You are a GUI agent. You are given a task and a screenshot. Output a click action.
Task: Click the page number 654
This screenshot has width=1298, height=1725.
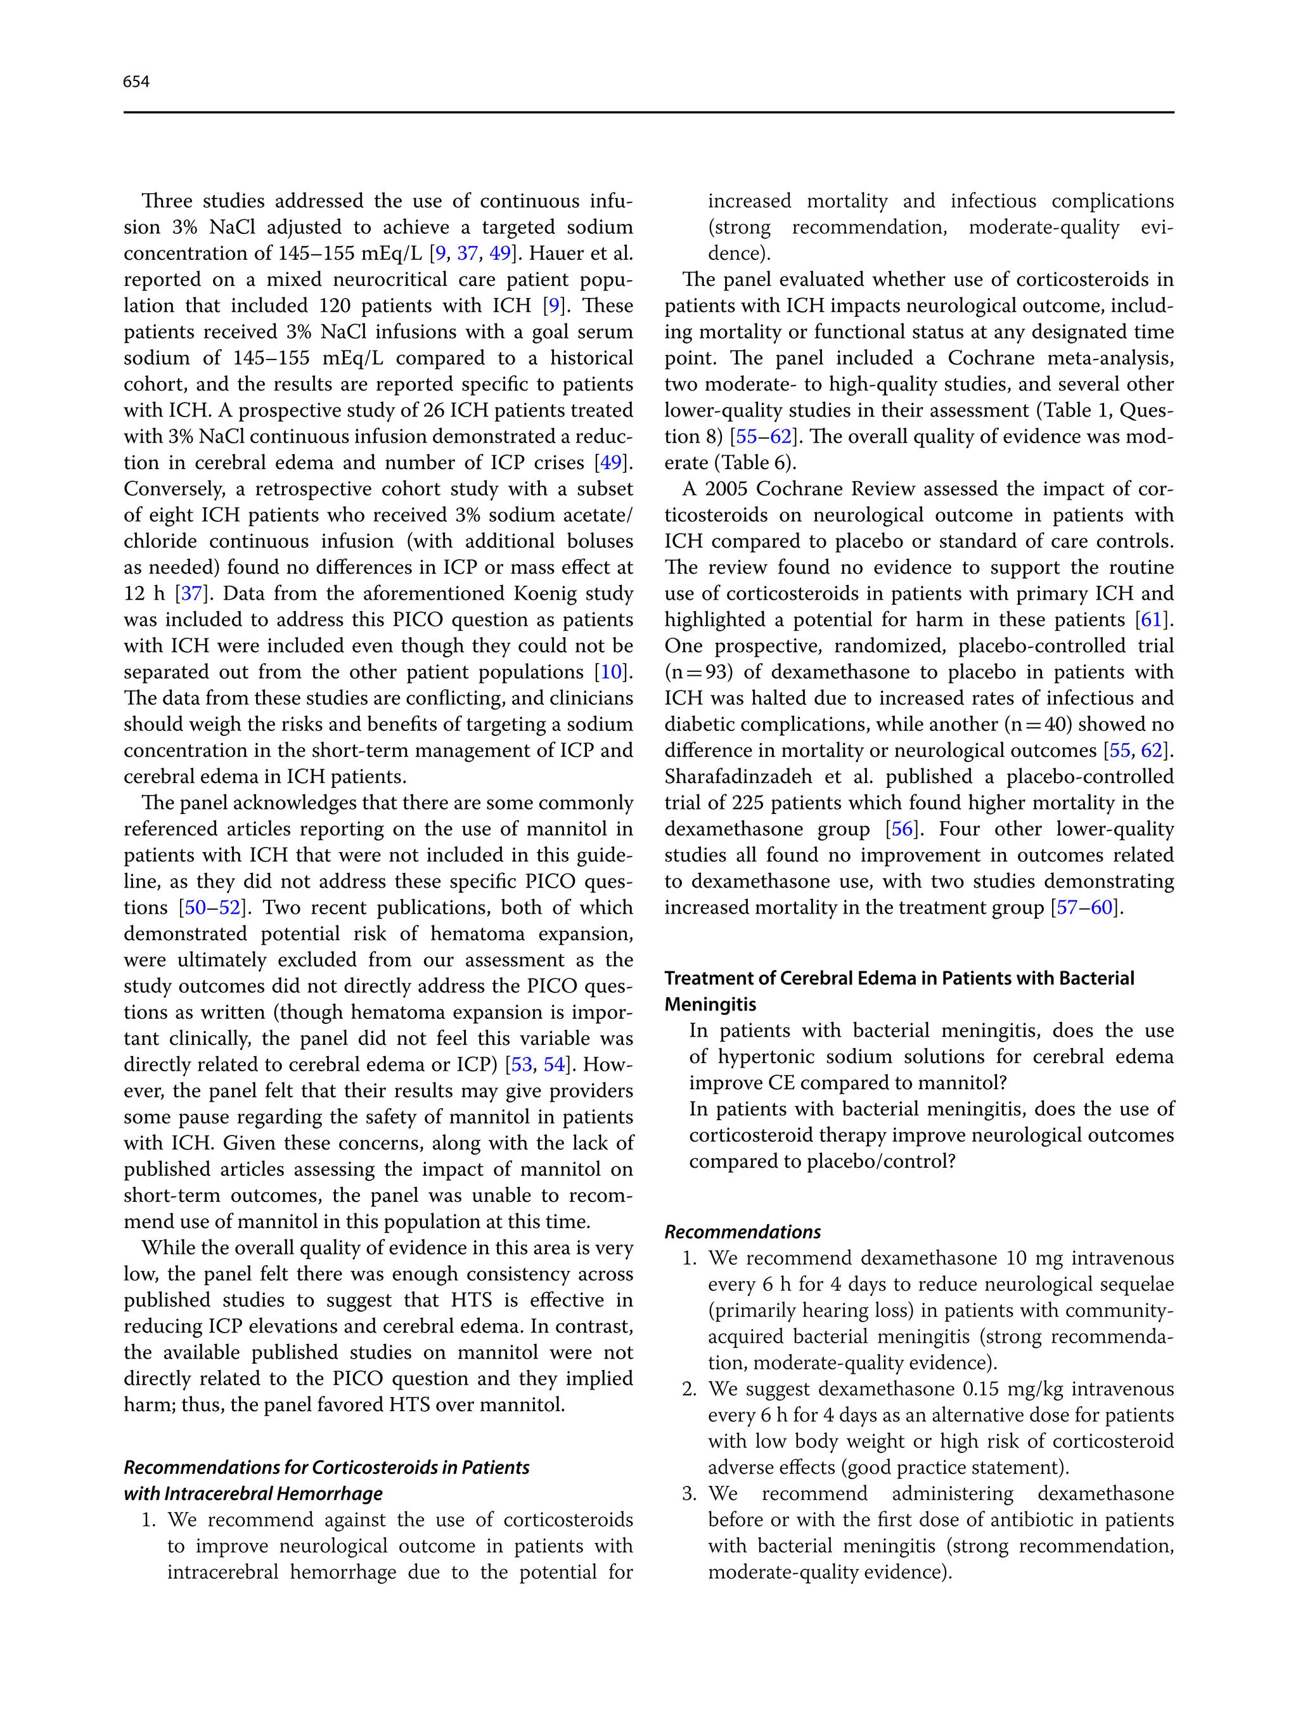[x=136, y=82]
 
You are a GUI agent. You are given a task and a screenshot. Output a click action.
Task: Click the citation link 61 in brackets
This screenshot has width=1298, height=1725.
[x=1151, y=620]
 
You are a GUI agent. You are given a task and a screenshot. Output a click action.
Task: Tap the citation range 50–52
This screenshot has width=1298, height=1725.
[x=212, y=908]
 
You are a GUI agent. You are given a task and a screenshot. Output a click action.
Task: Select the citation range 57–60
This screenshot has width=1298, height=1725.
[x=1087, y=908]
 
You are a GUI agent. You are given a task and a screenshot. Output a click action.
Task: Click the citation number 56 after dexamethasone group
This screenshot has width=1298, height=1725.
[x=902, y=829]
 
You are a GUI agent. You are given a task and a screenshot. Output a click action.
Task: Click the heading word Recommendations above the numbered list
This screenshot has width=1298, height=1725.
[x=742, y=1232]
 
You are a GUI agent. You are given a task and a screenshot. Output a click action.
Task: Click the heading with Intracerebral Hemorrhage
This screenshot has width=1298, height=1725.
[x=253, y=1494]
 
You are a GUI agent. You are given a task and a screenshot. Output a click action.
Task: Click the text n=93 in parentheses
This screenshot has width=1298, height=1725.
[x=698, y=672]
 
